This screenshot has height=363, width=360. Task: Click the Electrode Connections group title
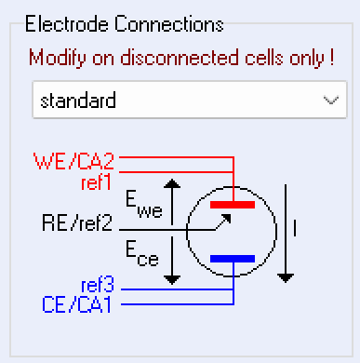click(125, 23)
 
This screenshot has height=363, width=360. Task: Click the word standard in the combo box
click(77, 101)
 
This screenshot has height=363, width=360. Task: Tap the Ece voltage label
click(142, 251)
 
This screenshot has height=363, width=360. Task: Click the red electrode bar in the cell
click(233, 201)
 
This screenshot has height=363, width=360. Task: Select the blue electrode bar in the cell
click(233, 258)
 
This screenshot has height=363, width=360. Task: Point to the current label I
click(296, 225)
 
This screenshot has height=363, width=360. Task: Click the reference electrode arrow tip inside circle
click(228, 219)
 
